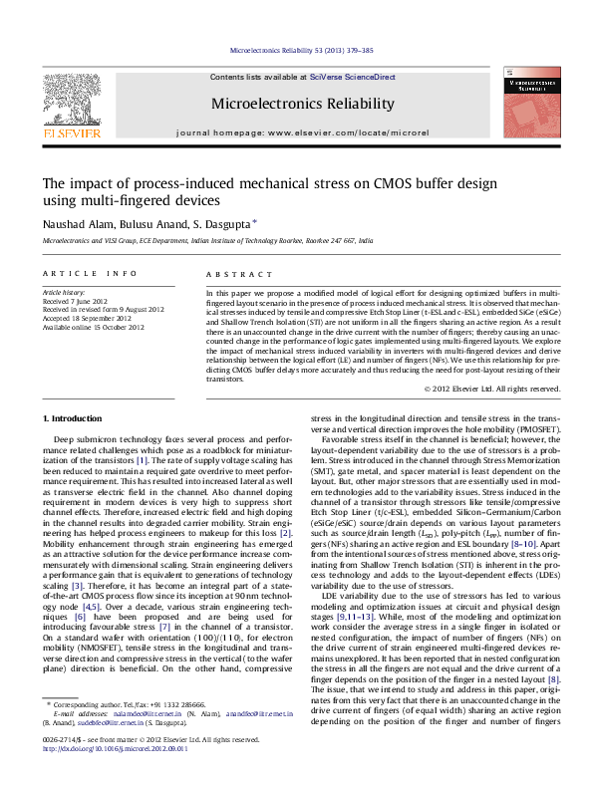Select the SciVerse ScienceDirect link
352,77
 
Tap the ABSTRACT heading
231,273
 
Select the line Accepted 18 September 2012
86,318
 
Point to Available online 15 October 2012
88,326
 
